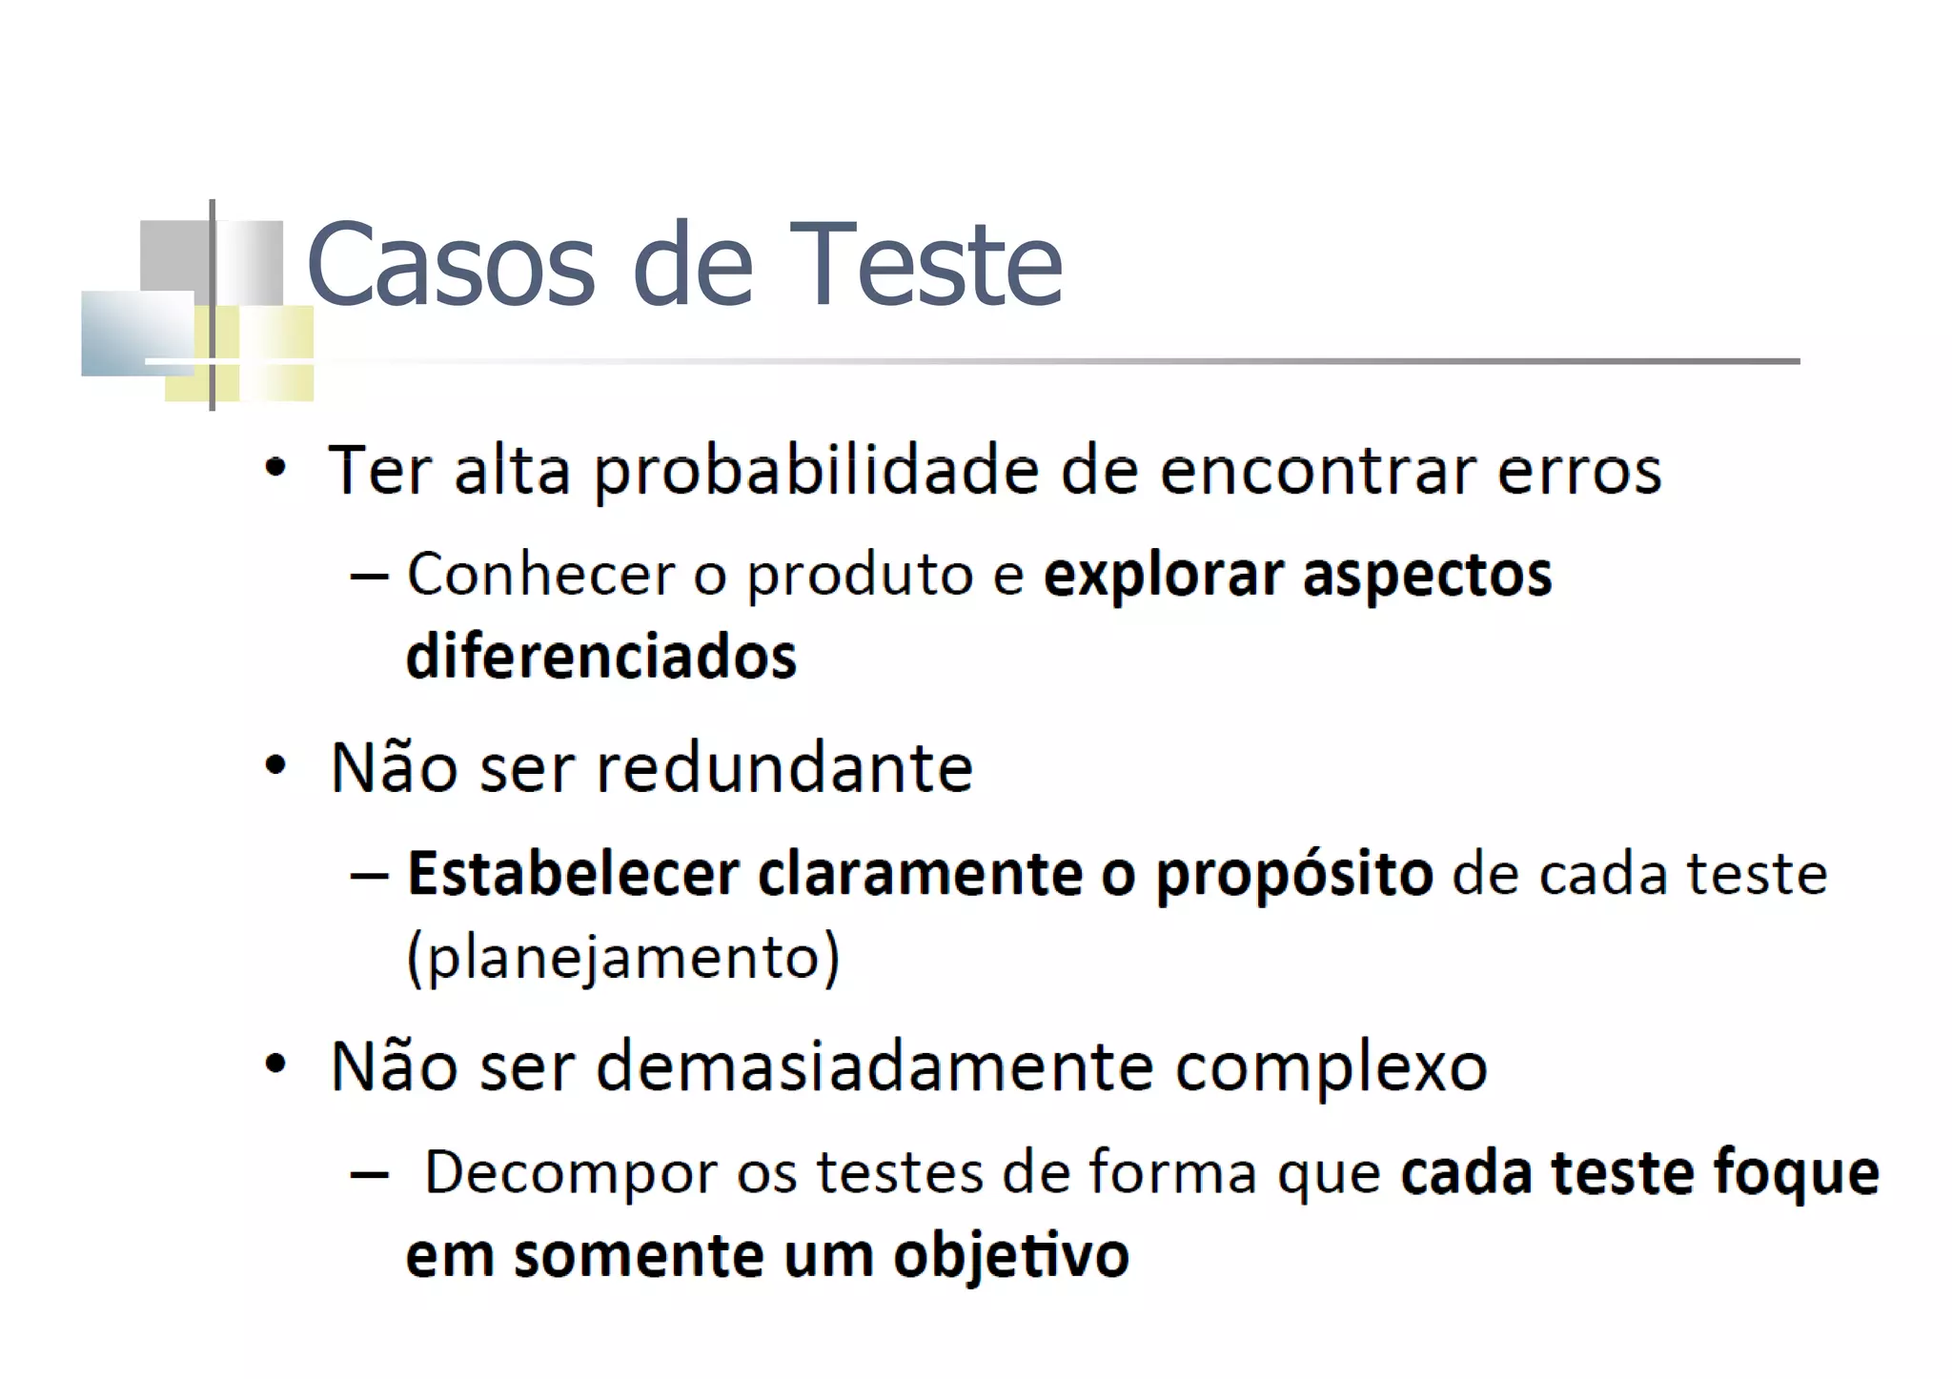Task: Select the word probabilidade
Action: coord(817,472)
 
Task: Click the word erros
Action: coord(1579,472)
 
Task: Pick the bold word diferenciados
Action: coord(601,658)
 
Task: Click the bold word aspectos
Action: coord(1427,575)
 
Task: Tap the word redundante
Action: coord(783,768)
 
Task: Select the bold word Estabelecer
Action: coord(573,873)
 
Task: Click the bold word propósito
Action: coord(1293,875)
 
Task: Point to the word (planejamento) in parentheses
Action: coord(623,957)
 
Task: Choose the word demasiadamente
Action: coord(874,1066)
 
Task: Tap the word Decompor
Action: coord(570,1173)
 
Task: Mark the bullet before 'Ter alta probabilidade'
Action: coord(275,468)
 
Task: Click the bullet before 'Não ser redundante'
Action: coord(275,765)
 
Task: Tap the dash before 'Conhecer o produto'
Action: coord(369,577)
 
